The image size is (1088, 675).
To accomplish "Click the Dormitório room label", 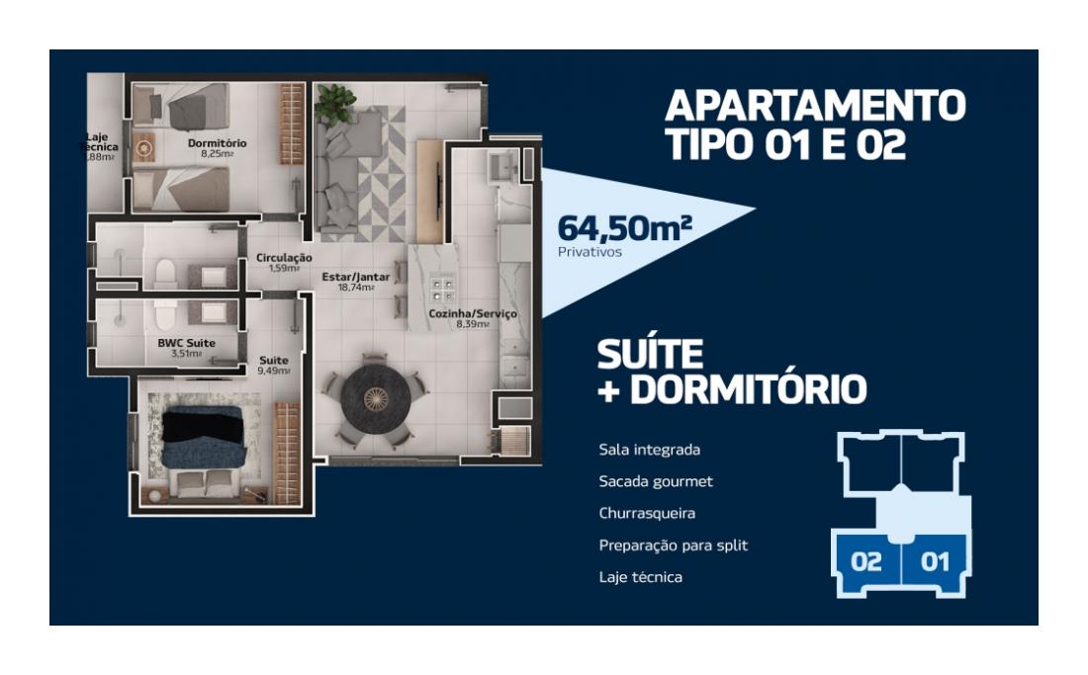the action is coord(217,143).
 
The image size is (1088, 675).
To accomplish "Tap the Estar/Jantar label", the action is coord(355,277).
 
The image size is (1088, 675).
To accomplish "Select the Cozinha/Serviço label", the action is coord(473,314).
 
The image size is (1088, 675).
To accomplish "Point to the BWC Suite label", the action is coord(186,343).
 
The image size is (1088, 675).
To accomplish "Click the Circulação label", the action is coord(284,258).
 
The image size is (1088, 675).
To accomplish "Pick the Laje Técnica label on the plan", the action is coord(99,142).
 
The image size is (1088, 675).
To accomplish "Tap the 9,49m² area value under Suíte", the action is coord(273,371).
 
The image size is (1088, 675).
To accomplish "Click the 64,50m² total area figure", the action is coord(624,227).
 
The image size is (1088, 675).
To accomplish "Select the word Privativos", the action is coord(589,252).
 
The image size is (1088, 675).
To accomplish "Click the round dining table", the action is coord(376,398).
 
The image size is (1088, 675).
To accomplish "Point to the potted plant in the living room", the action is coord(334,103).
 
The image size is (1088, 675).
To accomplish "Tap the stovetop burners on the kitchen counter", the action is coord(442,290).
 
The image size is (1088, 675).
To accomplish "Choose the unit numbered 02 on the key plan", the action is coord(866,560).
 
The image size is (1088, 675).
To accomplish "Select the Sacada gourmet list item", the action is coord(656,481).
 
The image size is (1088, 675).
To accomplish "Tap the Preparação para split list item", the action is coord(673,546).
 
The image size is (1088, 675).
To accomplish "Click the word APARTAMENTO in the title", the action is coord(815,106).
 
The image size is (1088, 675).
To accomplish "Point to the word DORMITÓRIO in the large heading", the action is coord(749,389).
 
